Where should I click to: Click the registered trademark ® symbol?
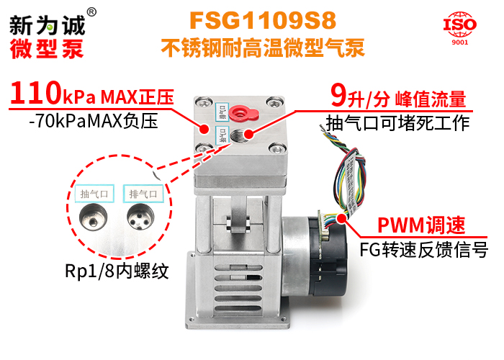(91, 12)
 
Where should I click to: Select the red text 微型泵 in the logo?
(47, 48)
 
